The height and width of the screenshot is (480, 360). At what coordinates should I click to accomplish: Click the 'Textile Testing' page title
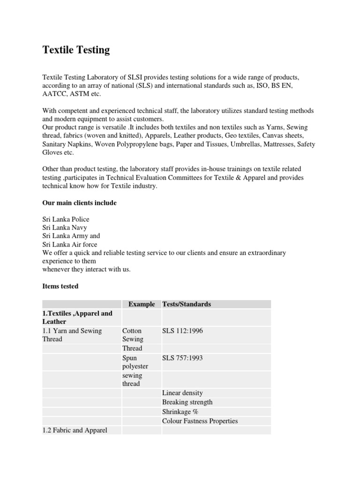[x=76, y=50]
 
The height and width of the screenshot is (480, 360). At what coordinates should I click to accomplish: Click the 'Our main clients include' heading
[x=79, y=202]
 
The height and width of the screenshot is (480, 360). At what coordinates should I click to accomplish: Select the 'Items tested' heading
[x=60, y=286]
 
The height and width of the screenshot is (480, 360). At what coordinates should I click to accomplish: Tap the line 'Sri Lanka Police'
[x=66, y=219]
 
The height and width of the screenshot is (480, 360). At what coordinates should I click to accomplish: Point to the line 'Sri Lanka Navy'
[x=65, y=227]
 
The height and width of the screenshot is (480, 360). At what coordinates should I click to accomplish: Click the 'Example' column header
[x=142, y=304]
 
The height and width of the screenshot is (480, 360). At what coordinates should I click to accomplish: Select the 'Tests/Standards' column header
[x=187, y=304]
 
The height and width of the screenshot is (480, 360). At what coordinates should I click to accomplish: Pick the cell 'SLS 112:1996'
[x=183, y=331]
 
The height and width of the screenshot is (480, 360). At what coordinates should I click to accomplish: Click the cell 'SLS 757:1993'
[x=183, y=358]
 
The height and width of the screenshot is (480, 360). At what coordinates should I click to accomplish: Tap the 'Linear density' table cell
[x=182, y=393]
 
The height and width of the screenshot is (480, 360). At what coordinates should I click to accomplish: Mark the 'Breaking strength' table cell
[x=187, y=402]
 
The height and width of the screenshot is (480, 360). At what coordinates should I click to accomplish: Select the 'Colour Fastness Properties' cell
[x=200, y=421]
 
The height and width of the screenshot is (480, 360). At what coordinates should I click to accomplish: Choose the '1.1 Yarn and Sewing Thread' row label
[x=72, y=335]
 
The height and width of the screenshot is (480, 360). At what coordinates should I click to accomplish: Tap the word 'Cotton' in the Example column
[x=132, y=331]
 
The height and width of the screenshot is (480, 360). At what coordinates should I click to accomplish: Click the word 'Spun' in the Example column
[x=129, y=358]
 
